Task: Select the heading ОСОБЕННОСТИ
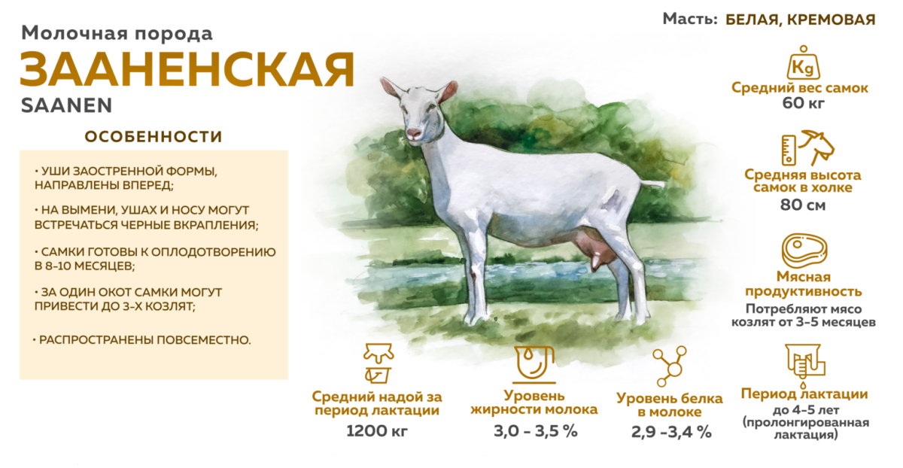coord(154,137)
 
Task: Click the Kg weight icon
coord(801,63)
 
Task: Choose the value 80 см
coord(803,204)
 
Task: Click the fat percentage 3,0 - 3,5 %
coord(534,431)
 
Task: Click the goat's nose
coord(413,133)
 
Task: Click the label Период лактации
coord(804,394)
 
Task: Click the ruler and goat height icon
coord(803,148)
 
